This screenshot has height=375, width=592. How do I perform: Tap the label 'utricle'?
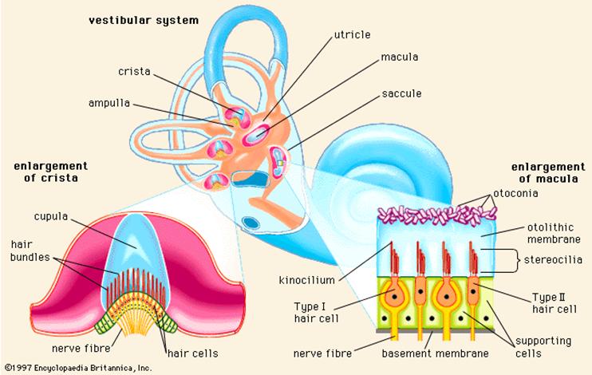[x=352, y=36]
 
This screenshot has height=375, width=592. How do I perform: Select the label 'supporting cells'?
[x=542, y=345]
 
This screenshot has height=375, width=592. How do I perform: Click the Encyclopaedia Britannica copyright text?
[x=77, y=368]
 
